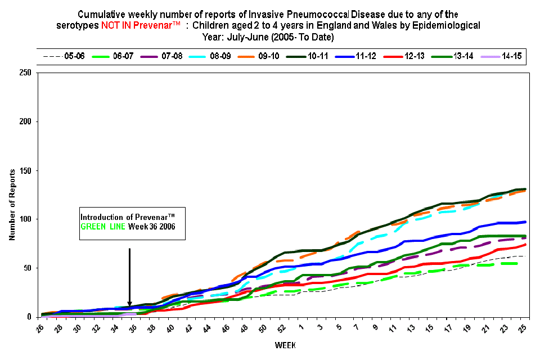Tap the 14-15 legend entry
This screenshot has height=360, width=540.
511,57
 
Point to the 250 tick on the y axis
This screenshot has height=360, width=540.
25,73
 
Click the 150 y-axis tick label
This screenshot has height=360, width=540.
25,170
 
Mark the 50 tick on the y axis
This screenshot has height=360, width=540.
27,268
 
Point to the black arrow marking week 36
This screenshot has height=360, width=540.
129,276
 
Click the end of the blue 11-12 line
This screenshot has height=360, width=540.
524,222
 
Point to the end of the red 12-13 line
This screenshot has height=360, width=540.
524,245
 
